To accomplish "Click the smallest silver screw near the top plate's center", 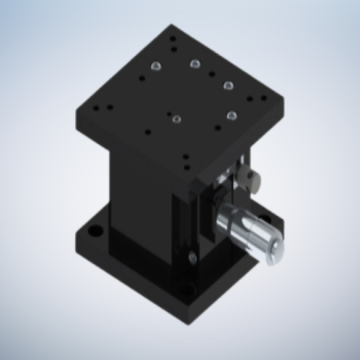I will point(177,120).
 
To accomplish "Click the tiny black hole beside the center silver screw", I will point(168,113).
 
